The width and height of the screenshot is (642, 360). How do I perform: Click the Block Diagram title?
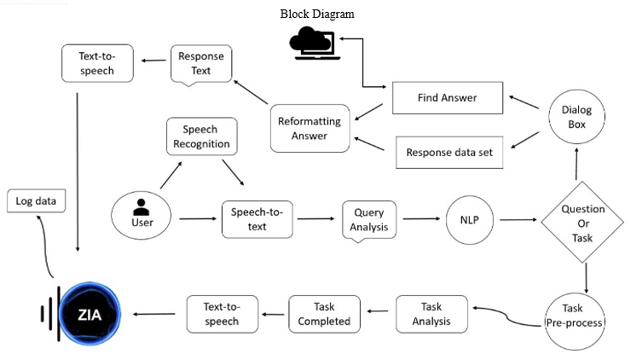click(317, 14)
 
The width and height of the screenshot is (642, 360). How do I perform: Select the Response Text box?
click(201, 64)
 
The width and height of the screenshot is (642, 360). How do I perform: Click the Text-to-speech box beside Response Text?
click(97, 63)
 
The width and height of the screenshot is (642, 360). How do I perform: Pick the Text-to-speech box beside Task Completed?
click(223, 314)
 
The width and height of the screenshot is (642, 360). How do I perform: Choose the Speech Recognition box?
click(201, 136)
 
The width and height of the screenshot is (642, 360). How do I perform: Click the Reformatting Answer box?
click(310, 129)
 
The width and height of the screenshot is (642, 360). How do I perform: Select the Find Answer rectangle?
click(448, 97)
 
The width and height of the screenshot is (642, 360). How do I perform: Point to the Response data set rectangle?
click(449, 153)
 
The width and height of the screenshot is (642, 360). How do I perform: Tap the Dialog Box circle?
click(576, 117)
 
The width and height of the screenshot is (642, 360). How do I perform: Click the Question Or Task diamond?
click(582, 222)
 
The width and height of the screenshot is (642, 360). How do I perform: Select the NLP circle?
click(470, 220)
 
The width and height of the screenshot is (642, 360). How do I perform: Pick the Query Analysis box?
click(369, 220)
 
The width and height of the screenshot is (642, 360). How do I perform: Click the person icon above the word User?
click(142, 206)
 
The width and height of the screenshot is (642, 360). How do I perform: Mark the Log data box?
click(36, 200)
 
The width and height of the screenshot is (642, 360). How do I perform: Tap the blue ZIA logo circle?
click(90, 314)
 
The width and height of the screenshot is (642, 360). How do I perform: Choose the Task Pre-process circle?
click(575, 321)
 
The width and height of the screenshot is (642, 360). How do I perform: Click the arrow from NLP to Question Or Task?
click(518, 220)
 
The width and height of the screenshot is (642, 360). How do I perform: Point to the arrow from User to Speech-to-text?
click(198, 218)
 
